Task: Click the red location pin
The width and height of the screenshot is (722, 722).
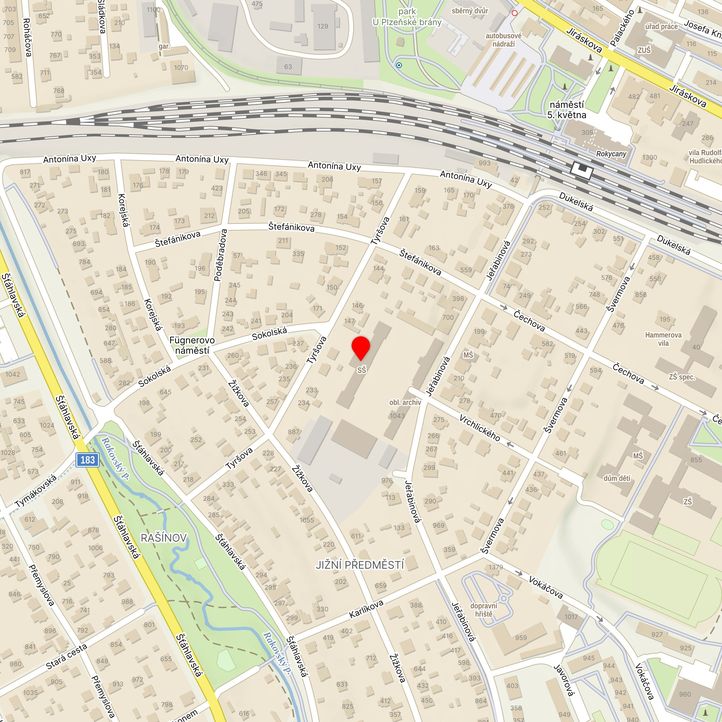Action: [x=361, y=347]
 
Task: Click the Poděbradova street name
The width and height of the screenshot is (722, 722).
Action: [x=222, y=254]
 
